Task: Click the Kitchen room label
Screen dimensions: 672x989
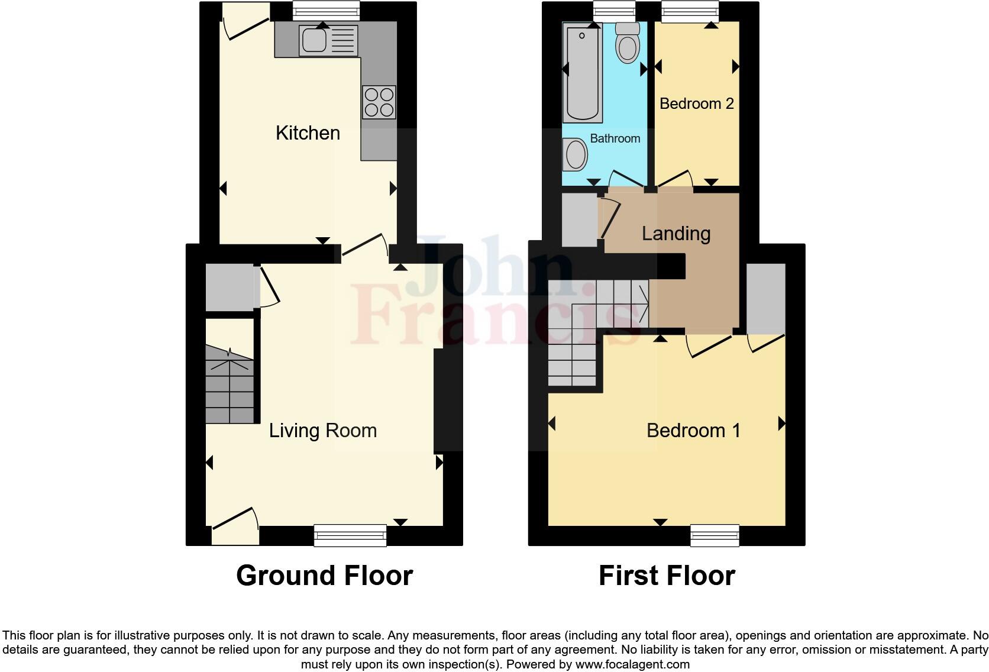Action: click(x=308, y=133)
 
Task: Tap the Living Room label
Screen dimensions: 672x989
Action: click(x=323, y=431)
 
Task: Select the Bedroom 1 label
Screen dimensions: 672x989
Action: click(x=693, y=431)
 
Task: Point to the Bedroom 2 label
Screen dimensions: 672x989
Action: click(x=696, y=104)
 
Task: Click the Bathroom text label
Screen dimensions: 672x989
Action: click(x=615, y=138)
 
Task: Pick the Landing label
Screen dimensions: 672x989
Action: click(x=676, y=234)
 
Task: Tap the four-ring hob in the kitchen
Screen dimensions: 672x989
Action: click(x=379, y=102)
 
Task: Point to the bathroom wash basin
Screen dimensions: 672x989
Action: click(x=575, y=155)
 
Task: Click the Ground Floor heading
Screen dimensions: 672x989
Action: click(x=324, y=576)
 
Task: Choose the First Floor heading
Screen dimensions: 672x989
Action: click(x=667, y=576)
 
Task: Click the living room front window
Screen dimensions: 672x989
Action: click(x=350, y=535)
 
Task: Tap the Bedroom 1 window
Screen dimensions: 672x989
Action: click(x=715, y=535)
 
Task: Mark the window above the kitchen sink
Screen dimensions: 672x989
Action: click(x=326, y=10)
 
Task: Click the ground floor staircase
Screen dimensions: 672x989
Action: click(x=230, y=385)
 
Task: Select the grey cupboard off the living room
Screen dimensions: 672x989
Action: click(x=230, y=287)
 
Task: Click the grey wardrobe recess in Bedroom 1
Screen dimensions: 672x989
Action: click(x=765, y=299)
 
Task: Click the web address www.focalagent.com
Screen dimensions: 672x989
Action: click(x=632, y=664)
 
